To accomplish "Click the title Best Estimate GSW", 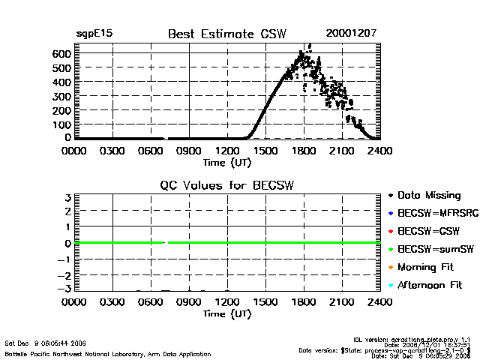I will click(x=227, y=34).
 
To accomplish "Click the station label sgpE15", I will click(x=93, y=34).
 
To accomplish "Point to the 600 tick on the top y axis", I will click(x=61, y=54).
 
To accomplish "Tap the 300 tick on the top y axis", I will click(x=61, y=96).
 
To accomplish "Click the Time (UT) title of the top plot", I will click(x=227, y=162).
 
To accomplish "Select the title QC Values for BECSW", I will click(x=227, y=184).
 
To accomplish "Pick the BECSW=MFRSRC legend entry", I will click(x=434, y=213).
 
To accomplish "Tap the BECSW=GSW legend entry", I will click(x=428, y=231).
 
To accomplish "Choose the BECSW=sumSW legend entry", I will click(x=433, y=249).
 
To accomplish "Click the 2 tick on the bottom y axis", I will click(x=67, y=211).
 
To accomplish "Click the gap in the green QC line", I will click(x=166, y=242).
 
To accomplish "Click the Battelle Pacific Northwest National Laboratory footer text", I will click(x=108, y=353).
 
